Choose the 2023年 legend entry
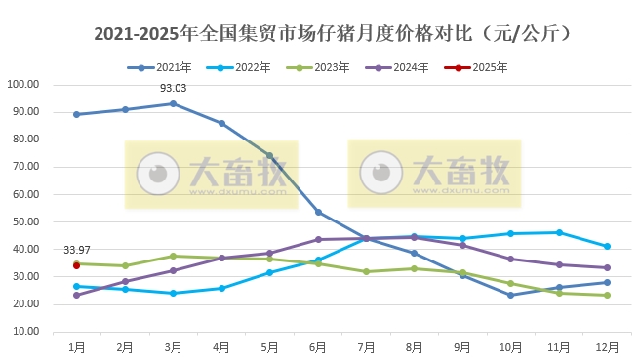click(x=324, y=68)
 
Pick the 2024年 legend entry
click(x=402, y=68)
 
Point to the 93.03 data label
click(x=173, y=89)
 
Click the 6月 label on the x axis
click(x=318, y=346)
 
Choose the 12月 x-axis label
click(x=607, y=346)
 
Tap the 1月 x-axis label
click(x=76, y=346)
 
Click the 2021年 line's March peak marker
click(x=173, y=103)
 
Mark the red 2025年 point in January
click(x=76, y=264)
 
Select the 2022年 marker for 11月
click(x=559, y=232)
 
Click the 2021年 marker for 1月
click(x=76, y=114)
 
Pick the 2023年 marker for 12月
click(x=607, y=295)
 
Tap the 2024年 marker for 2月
click(x=125, y=281)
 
